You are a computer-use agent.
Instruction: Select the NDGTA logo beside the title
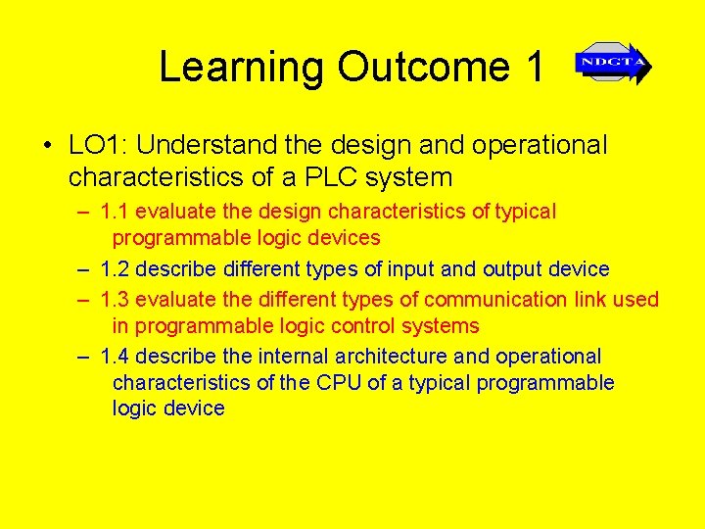(613, 64)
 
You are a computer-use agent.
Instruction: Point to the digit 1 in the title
(534, 68)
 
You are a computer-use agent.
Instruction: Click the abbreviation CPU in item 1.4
(339, 382)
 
